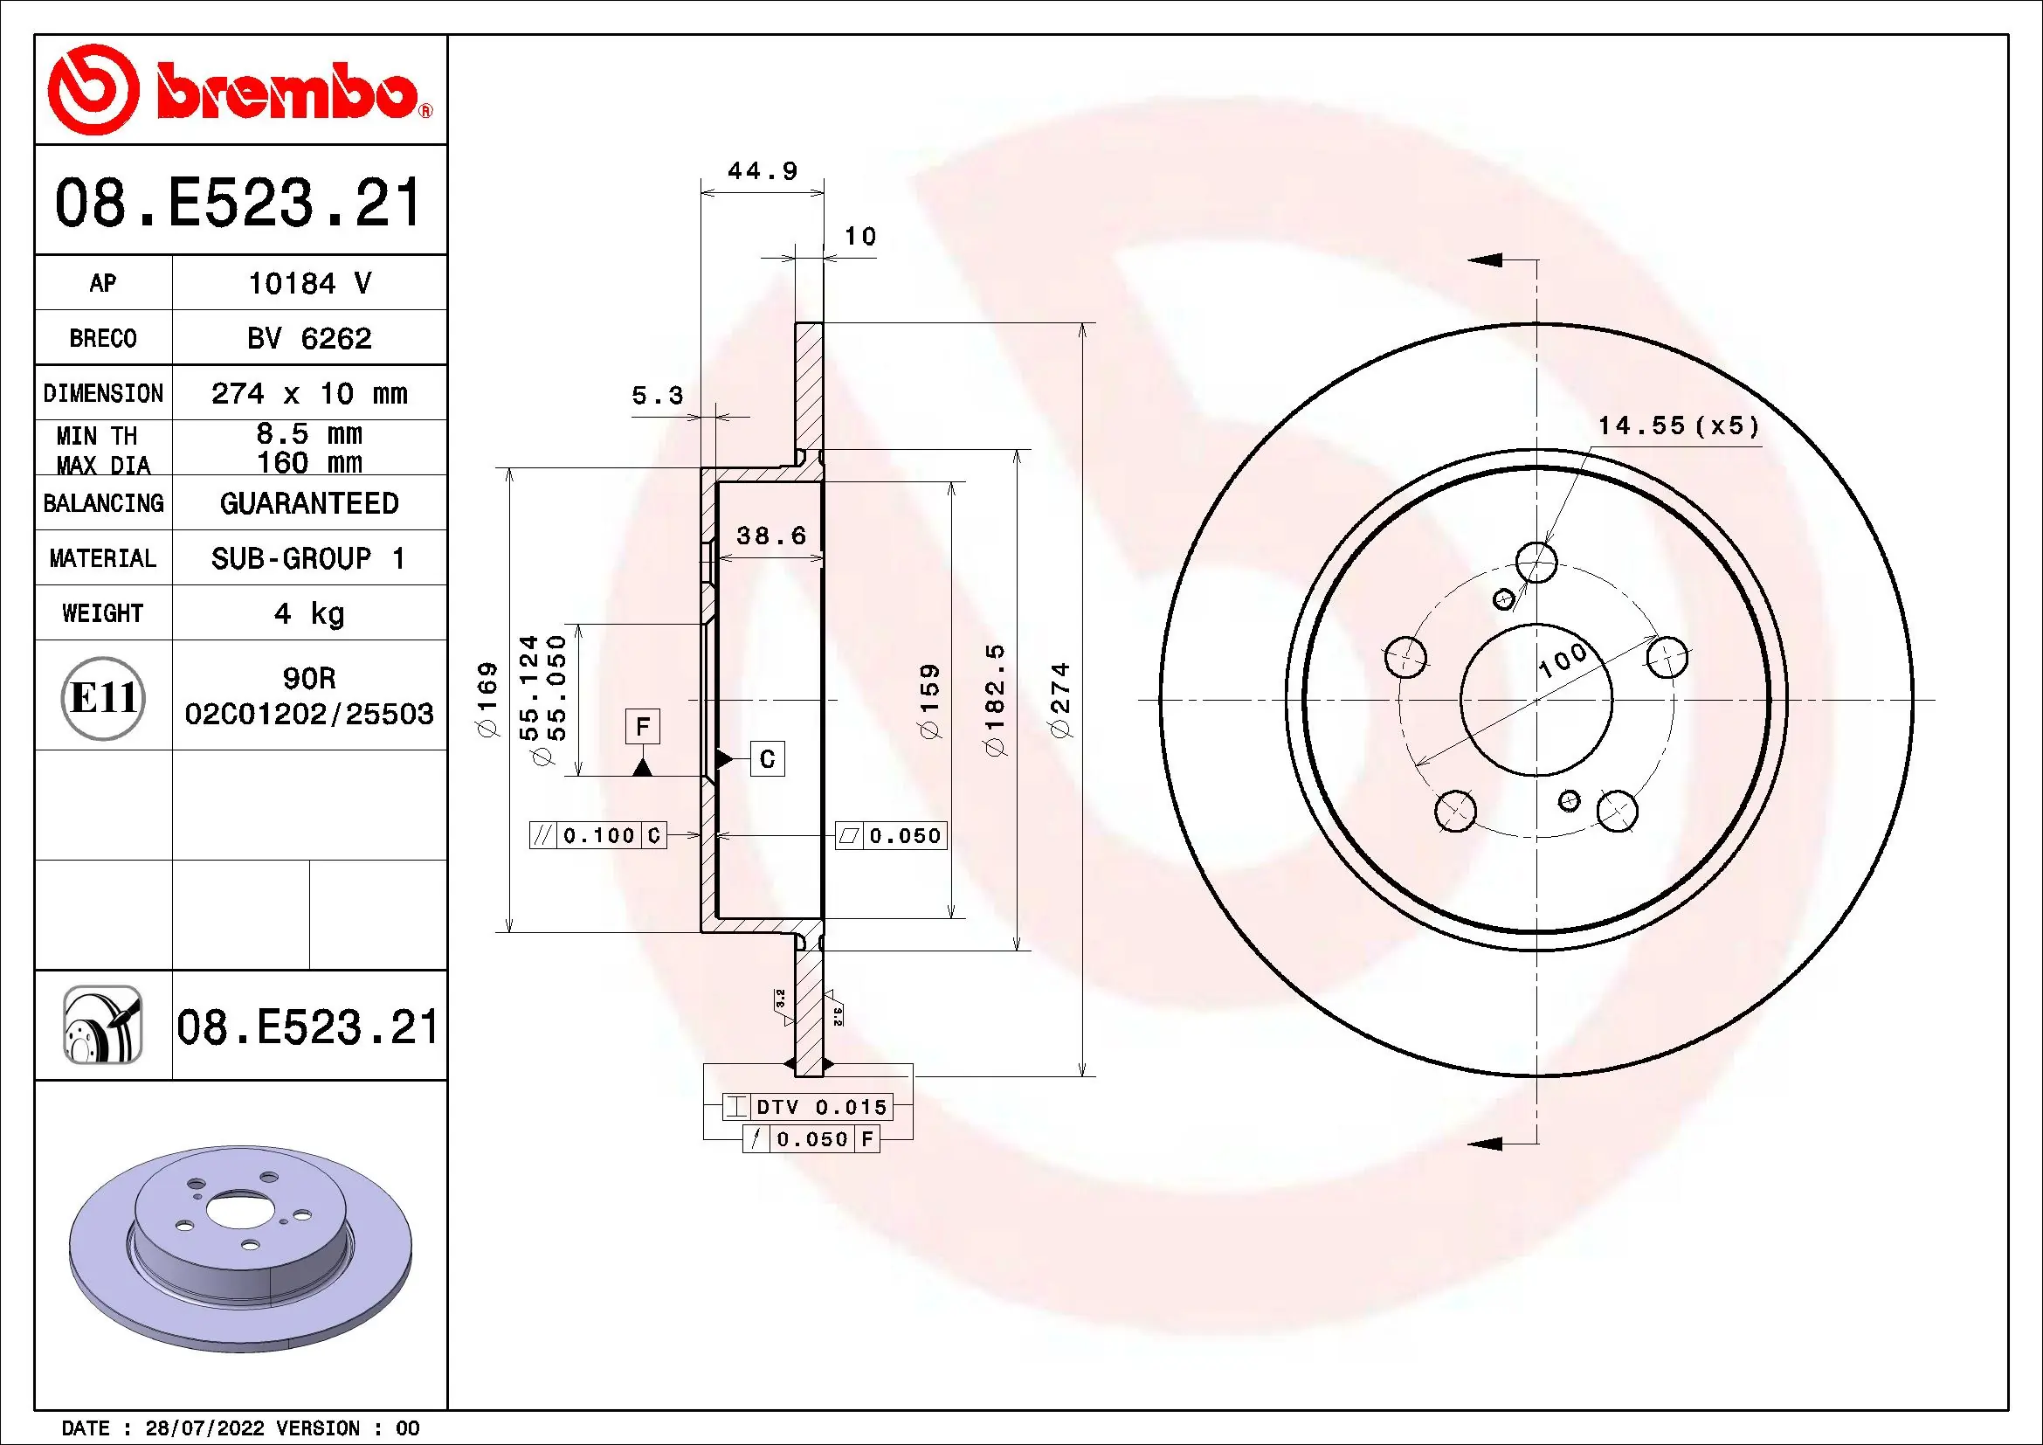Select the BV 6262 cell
(308, 338)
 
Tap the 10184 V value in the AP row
(308, 283)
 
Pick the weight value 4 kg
(308, 613)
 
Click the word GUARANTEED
(308, 503)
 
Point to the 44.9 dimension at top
(762, 171)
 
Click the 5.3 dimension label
(657, 395)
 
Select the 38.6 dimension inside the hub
(770, 536)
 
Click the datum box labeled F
(643, 727)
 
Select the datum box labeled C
(767, 759)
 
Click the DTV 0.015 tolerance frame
(806, 1107)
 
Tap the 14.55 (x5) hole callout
(1678, 425)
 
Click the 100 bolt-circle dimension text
(1562, 660)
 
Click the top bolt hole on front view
(1536, 562)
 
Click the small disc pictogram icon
(103, 1025)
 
